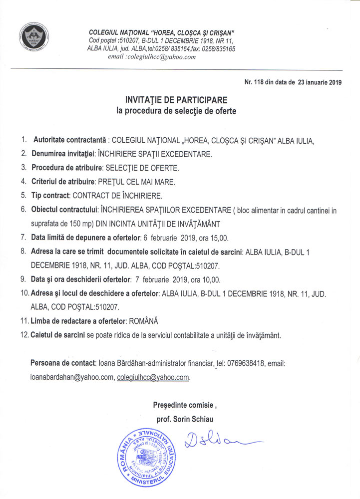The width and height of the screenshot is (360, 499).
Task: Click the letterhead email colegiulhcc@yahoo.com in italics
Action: [154, 57]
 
